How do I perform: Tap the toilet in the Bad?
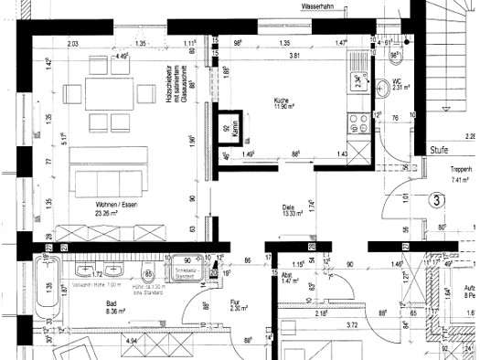point(147,271)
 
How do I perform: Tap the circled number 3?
point(437,198)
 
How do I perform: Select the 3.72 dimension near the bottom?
point(351,325)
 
